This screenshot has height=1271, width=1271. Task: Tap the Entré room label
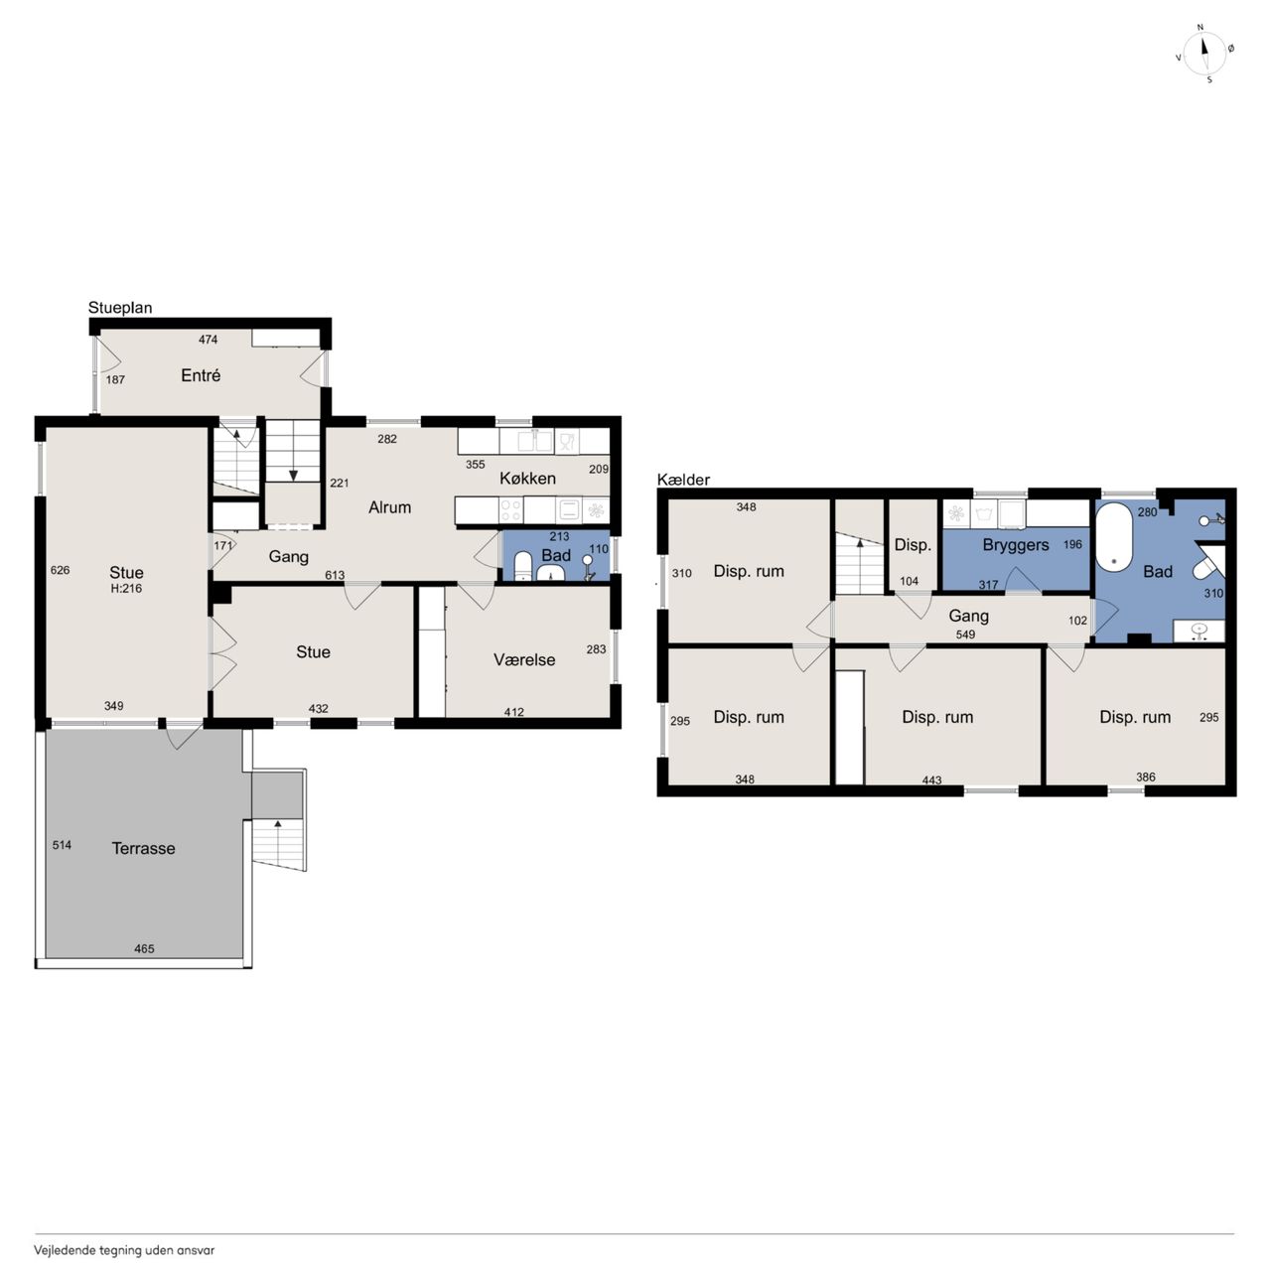pyautogui.click(x=201, y=375)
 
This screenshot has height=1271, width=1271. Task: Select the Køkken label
pyautogui.click(x=527, y=479)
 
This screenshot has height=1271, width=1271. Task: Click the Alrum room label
pyautogui.click(x=390, y=507)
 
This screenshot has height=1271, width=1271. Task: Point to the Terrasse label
pyautogui.click(x=143, y=848)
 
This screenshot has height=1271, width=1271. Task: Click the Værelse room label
pyautogui.click(x=524, y=659)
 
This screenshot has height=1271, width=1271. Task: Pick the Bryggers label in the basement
pyautogui.click(x=1016, y=545)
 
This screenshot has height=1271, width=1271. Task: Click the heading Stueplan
pyautogui.click(x=120, y=308)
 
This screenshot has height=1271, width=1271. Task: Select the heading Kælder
pyautogui.click(x=683, y=480)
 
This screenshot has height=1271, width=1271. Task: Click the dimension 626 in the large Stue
pyautogui.click(x=60, y=570)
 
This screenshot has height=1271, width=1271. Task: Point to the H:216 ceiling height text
pyautogui.click(x=126, y=589)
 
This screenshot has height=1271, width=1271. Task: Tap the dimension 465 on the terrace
pyautogui.click(x=144, y=949)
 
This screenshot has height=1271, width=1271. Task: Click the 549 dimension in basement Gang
pyautogui.click(x=965, y=635)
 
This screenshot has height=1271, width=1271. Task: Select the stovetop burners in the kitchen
pyautogui.click(x=511, y=509)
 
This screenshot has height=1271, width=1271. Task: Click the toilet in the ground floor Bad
pyautogui.click(x=523, y=567)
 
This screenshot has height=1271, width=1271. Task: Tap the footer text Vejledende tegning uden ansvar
pyautogui.click(x=125, y=1250)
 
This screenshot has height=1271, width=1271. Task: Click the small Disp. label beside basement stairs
pyautogui.click(x=913, y=545)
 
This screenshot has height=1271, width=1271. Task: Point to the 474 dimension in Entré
pyautogui.click(x=208, y=340)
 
